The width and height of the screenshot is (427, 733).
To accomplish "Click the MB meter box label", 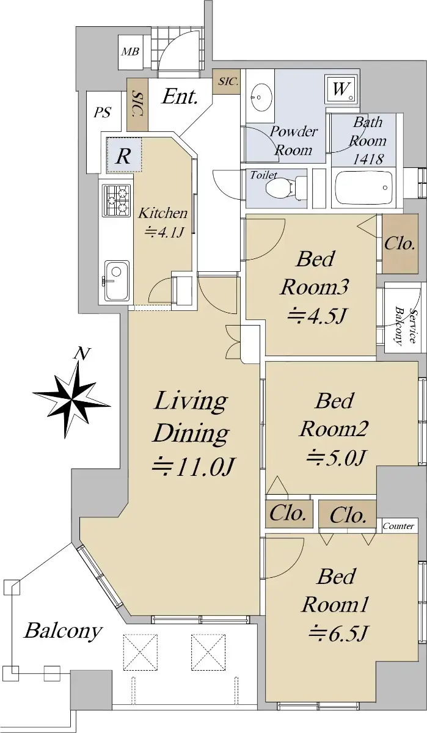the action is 131,51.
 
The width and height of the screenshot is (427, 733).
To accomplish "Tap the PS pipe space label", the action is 103,112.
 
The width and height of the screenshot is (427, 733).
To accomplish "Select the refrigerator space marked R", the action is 123,155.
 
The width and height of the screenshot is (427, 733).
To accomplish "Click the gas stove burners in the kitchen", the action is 117,200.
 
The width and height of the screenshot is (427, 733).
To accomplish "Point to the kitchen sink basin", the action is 117,280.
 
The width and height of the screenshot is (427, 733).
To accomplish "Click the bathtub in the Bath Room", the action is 364,188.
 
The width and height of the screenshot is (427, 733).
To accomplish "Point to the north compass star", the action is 71,399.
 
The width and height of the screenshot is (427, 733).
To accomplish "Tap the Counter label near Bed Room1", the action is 398,526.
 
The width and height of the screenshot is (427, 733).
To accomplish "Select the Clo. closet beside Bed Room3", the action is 400,244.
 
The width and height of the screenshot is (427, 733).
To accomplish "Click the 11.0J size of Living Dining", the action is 193,467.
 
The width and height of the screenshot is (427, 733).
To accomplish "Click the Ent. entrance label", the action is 180,97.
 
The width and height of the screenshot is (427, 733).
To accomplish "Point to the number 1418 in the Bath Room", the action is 368,159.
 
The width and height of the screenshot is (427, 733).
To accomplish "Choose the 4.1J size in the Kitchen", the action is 163,232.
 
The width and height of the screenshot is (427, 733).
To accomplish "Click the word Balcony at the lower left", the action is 63,631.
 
